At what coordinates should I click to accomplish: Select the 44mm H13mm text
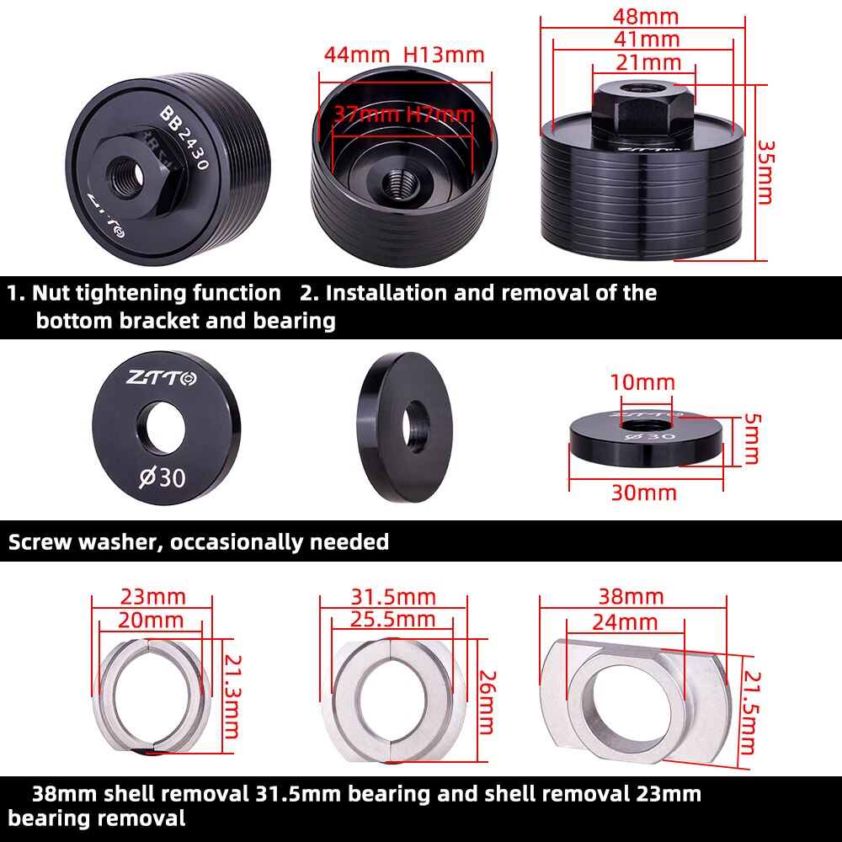404,55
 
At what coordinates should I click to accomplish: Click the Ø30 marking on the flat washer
163,477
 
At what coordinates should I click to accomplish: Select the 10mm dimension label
642,382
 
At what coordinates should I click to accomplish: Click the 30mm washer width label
644,493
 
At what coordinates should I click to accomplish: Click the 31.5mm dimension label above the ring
393,597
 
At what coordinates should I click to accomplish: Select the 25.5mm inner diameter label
393,620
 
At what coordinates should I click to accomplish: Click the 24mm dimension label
624,622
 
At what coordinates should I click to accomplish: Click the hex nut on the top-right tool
643,114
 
